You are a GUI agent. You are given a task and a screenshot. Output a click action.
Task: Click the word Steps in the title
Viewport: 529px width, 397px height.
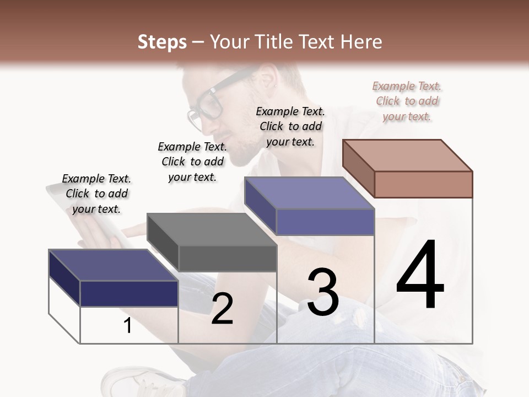tap(162, 42)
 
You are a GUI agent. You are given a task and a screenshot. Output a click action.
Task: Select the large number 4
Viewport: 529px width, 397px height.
tap(420, 276)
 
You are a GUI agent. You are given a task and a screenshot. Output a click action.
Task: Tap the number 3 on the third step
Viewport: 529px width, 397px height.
tap(323, 293)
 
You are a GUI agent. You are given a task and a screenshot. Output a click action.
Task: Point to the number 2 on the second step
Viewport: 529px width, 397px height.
tap(222, 309)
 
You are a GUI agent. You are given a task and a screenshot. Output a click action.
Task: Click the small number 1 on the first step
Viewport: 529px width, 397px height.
tap(128, 326)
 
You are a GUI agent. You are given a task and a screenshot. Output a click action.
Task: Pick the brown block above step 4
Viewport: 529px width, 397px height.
tap(408, 168)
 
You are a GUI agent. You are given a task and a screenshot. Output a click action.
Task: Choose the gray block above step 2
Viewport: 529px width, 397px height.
tap(212, 243)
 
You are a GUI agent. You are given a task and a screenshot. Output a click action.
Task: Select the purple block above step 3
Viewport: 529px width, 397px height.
tap(310, 206)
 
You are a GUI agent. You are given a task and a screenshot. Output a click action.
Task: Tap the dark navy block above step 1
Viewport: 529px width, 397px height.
tap(114, 278)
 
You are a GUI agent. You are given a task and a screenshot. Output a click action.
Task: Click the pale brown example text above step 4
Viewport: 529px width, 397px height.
tap(407, 101)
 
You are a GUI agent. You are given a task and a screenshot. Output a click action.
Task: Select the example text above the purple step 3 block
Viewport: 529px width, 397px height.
tap(290, 126)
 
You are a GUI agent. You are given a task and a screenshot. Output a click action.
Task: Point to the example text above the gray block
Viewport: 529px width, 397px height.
tap(192, 162)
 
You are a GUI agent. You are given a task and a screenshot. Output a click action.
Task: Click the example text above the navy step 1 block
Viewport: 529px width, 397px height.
tap(96, 194)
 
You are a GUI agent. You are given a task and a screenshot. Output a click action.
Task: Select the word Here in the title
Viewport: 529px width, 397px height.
tap(362, 42)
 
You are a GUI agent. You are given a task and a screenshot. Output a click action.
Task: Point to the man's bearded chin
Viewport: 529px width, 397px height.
tap(242, 157)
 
